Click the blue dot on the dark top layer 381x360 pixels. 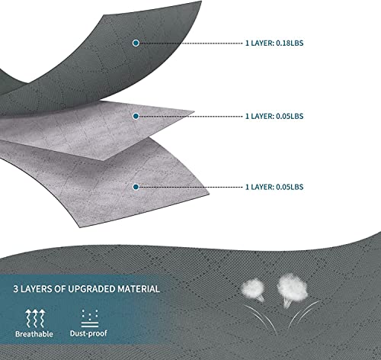click(136, 43)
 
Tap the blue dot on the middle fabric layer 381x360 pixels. click(136, 116)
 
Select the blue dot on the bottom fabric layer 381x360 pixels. click(136, 187)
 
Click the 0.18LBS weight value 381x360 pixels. click(290, 43)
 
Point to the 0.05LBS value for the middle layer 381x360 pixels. click(290, 116)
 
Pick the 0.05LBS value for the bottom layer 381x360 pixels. click(290, 187)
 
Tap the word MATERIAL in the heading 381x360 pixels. click(139, 289)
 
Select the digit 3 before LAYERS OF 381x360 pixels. click(16, 289)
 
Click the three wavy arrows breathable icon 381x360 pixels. click(35, 318)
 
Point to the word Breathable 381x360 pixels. click(34, 334)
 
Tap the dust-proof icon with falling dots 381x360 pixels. click(90, 318)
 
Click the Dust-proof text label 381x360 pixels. click(88, 333)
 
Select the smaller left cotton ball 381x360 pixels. click(252, 288)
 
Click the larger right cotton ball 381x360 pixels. click(292, 288)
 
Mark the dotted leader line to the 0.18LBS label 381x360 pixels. click(191, 43)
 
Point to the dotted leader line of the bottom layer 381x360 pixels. click(191, 187)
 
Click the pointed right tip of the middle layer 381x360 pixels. click(194, 111)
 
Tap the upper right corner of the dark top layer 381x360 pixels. click(202, 2)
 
